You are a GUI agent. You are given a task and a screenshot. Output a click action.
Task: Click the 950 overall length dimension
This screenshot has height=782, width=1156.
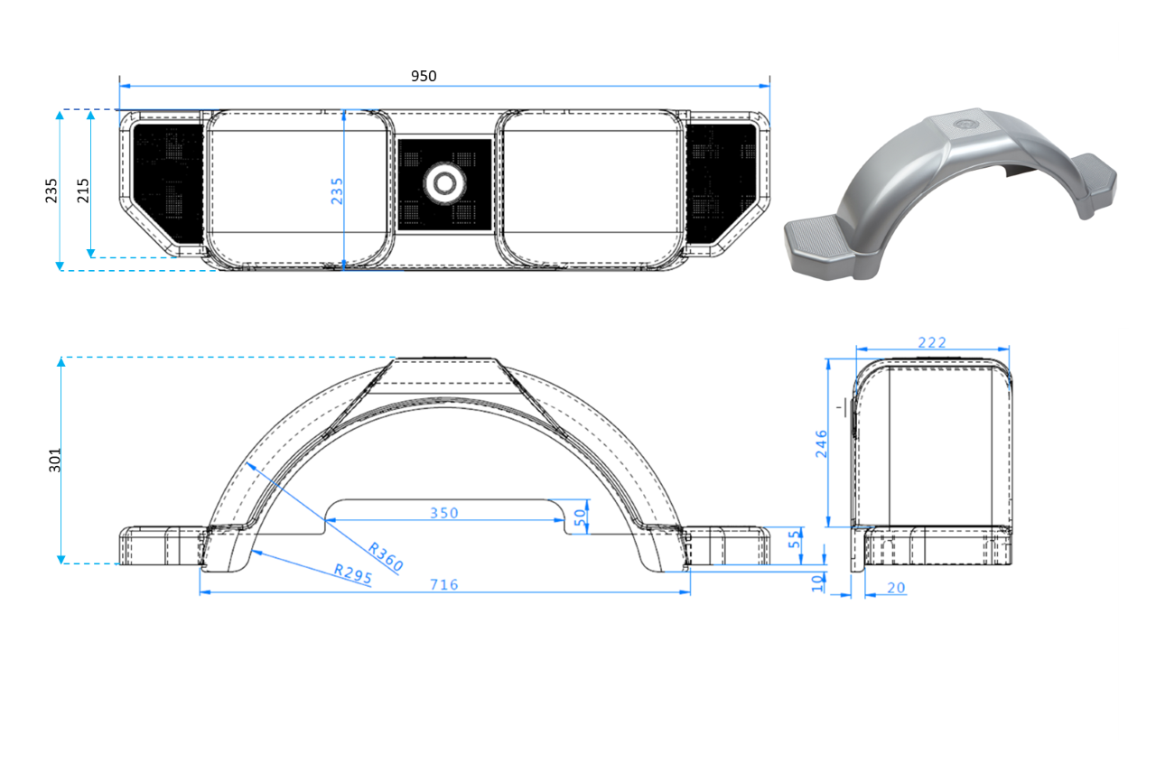pos(424,76)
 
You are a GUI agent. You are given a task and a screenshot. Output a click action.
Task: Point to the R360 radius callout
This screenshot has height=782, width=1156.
pos(385,557)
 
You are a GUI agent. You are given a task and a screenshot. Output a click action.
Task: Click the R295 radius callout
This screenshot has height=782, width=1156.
pos(352,575)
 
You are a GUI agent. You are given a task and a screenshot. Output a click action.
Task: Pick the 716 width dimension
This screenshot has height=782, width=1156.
pos(443,584)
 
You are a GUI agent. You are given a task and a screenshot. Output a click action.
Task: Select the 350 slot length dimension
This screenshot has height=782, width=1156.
pos(443,513)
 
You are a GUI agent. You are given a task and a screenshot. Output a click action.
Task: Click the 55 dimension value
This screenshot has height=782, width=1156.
pos(795,541)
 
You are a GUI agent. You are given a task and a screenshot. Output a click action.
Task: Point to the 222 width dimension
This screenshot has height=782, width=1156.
pos(931,342)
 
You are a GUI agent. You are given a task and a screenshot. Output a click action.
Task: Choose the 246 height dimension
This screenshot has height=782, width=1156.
pos(821,443)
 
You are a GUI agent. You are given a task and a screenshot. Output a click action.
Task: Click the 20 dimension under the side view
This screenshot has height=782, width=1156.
pos(896,588)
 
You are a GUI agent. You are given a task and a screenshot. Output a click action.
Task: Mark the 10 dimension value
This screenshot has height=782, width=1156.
pos(817,582)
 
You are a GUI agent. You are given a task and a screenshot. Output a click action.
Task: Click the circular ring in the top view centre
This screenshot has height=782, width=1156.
pos(444,182)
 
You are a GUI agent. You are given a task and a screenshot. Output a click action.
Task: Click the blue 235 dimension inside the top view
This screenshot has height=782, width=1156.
pos(336,192)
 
